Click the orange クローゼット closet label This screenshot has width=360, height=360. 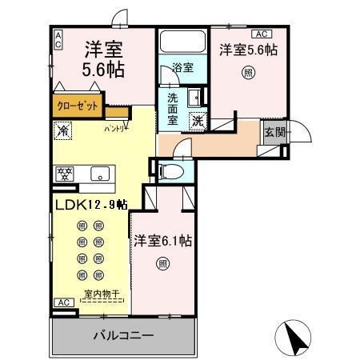(77, 104)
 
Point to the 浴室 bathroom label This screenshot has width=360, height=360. (182, 69)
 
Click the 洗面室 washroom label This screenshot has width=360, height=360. (173, 110)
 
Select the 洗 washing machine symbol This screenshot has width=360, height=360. (197, 122)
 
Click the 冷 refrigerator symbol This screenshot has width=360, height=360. (62, 129)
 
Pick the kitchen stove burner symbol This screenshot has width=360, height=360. (64, 173)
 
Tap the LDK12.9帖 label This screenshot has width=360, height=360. (90, 205)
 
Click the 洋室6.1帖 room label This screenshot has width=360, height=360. (162, 239)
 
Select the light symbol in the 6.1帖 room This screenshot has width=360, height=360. (162, 262)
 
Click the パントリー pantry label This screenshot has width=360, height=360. (116, 128)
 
